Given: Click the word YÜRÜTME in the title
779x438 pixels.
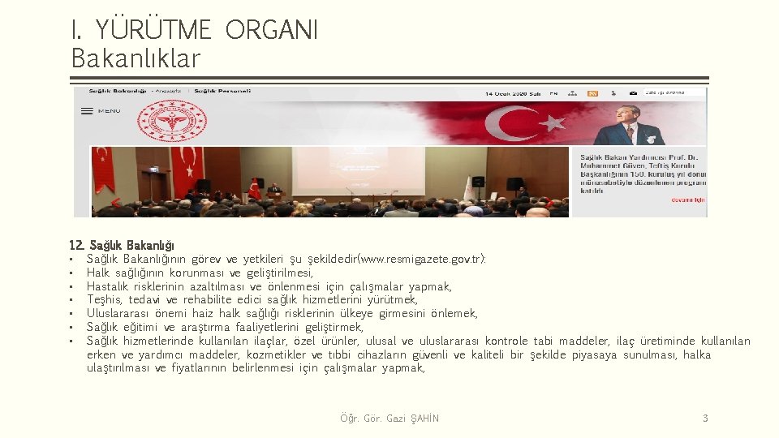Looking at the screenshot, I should tap(153, 30).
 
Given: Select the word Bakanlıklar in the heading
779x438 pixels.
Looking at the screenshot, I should tap(136, 58).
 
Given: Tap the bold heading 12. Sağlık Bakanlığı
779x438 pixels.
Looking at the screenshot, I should tap(122, 245).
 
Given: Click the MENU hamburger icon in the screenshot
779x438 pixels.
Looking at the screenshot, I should tap(87, 111).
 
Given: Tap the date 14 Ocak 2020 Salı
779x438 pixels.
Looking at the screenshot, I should tap(513, 93).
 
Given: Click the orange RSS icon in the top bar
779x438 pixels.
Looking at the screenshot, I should tap(593, 93).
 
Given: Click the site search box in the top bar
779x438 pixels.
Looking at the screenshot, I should tap(674, 92).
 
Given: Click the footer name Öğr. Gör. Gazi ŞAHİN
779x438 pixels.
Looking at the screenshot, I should tap(389, 419).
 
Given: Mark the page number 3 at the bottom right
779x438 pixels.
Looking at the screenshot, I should tap(705, 419).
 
